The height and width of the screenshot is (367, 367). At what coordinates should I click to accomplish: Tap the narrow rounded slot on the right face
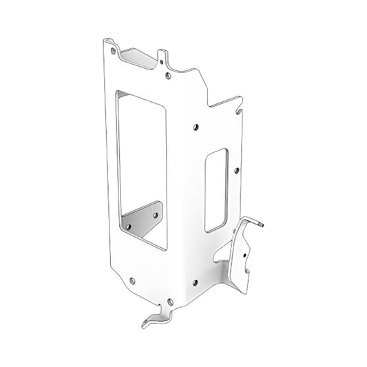[x=216, y=189]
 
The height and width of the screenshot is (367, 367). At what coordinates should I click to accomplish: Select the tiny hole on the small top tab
[x=163, y=59]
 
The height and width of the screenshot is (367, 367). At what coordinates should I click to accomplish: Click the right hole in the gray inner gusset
[x=154, y=215]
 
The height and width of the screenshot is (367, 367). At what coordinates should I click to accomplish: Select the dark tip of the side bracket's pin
[x=263, y=225]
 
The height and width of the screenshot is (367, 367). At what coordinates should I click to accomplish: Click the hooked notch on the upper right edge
[x=238, y=103]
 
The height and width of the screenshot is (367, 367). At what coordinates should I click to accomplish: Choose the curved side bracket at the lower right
[x=242, y=258]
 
